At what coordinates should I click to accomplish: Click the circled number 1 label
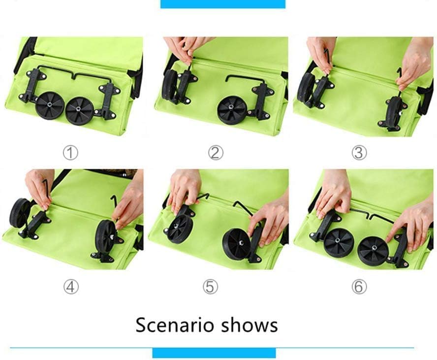click(70, 153)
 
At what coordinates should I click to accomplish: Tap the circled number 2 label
click(216, 153)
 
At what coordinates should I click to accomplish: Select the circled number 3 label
click(359, 153)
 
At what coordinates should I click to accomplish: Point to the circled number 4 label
click(71, 287)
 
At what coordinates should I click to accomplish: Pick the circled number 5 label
click(211, 287)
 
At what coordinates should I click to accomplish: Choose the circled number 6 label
click(359, 287)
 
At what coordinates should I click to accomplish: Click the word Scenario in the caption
click(175, 325)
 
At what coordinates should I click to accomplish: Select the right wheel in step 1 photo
click(80, 111)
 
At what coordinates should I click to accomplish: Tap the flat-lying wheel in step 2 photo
click(232, 110)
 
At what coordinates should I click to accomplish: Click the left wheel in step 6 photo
click(339, 241)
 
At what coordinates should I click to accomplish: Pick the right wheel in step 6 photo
click(373, 250)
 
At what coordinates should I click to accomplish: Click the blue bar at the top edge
click(222, 4)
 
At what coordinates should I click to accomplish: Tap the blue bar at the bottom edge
click(214, 353)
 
